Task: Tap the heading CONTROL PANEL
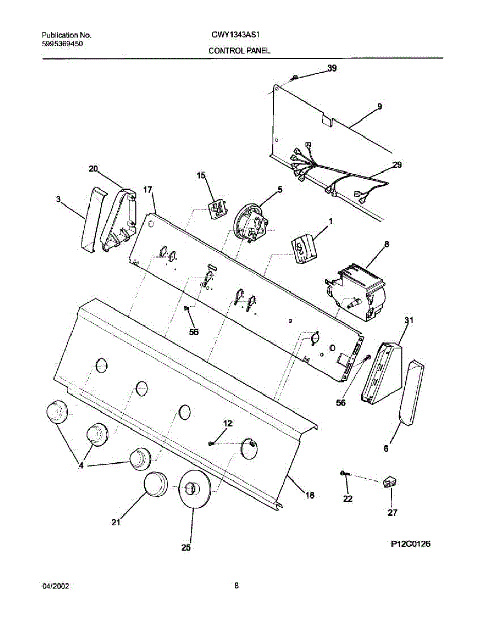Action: tap(239, 51)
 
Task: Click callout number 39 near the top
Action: tap(332, 68)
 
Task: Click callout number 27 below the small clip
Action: tap(392, 512)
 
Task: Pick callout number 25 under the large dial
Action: tap(186, 548)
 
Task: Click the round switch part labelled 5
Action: tap(251, 223)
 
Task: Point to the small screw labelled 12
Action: tap(211, 443)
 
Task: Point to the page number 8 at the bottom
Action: tap(236, 586)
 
